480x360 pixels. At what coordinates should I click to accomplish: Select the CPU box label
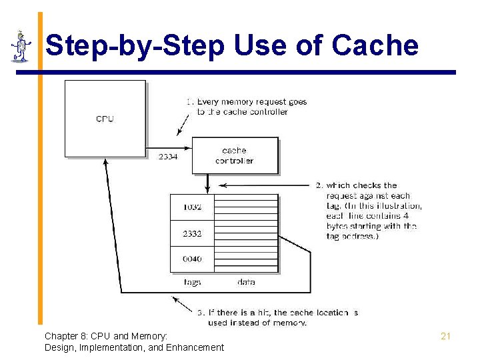(105, 119)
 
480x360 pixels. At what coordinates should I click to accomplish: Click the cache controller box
(235, 155)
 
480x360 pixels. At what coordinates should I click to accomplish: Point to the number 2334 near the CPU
(168, 157)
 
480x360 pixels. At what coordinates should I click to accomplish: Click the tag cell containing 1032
(192, 207)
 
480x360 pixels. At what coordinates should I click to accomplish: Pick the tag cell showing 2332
(192, 233)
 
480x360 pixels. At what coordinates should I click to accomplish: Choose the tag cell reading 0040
(192, 259)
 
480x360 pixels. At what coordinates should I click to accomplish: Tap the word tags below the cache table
(192, 282)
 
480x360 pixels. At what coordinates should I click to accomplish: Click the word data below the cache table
(246, 282)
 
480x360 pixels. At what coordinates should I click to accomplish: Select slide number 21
(445, 336)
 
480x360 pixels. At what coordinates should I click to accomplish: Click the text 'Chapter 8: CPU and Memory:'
(106, 336)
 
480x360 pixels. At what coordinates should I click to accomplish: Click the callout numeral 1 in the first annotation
(189, 102)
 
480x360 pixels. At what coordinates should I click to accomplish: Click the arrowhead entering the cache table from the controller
(208, 189)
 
